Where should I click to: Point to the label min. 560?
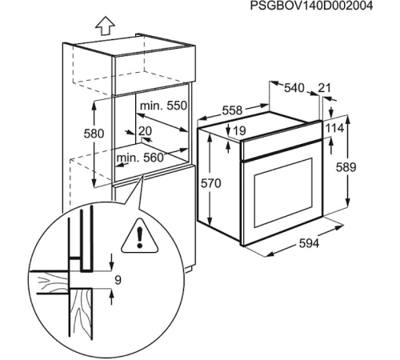[140, 158]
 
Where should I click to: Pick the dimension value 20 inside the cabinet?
[145, 130]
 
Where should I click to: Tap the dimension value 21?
[324, 88]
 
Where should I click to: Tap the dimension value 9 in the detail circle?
[118, 281]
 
